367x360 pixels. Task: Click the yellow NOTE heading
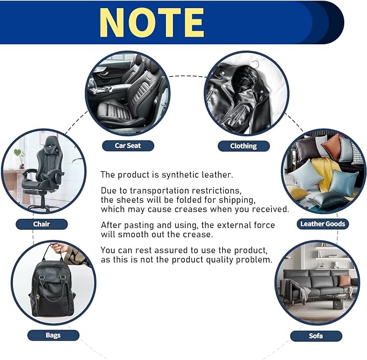pos(152,23)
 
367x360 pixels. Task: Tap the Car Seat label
pos(128,145)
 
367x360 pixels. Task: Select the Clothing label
pos(244,146)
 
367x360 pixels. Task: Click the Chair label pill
pos(42,224)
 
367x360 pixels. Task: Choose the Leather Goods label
pos(323,224)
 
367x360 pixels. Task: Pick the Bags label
pos(54,335)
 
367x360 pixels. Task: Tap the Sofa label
pos(316,336)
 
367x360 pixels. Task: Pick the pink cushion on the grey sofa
pos(344,279)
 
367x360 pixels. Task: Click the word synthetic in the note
pos(180,175)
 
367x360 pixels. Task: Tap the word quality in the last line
pos(219,260)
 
